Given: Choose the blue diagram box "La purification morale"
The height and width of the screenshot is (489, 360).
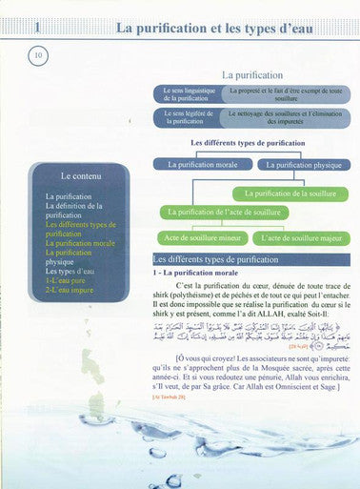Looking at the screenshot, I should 202,164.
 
